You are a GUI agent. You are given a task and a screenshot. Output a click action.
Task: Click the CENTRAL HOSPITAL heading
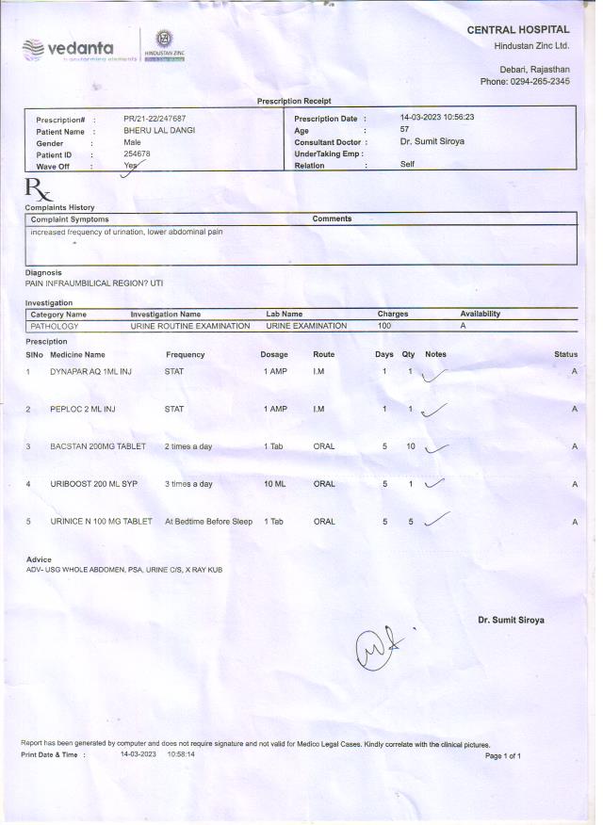(x=518, y=30)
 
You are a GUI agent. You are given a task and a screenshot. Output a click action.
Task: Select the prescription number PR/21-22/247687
(x=155, y=119)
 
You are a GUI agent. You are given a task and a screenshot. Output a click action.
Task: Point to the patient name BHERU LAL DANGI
(x=160, y=130)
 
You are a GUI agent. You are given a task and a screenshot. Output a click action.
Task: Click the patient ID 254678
(x=138, y=154)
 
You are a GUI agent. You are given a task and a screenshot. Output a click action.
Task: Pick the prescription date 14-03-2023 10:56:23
(x=436, y=118)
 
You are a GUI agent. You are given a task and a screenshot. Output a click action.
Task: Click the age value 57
(x=404, y=130)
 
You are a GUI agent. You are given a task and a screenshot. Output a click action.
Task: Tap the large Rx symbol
(x=39, y=190)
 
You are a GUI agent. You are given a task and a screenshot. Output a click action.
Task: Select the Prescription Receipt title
(x=294, y=101)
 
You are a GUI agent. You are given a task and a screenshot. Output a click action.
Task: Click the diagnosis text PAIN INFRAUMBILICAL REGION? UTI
(x=94, y=283)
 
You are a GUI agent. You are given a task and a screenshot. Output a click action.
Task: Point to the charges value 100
(x=384, y=326)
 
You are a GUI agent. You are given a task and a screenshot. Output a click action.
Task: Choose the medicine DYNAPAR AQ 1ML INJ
(x=90, y=372)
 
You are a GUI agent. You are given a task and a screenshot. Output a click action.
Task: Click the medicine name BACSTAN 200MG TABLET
(x=97, y=446)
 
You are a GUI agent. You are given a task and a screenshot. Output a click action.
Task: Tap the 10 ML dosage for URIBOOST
(x=274, y=484)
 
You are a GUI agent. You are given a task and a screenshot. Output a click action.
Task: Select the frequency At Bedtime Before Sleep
(x=208, y=521)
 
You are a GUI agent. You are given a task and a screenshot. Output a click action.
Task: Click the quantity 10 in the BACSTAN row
(x=411, y=446)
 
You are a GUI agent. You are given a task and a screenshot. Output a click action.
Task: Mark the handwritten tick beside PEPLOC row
(x=434, y=410)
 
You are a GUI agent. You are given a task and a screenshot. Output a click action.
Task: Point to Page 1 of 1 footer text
(x=502, y=756)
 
